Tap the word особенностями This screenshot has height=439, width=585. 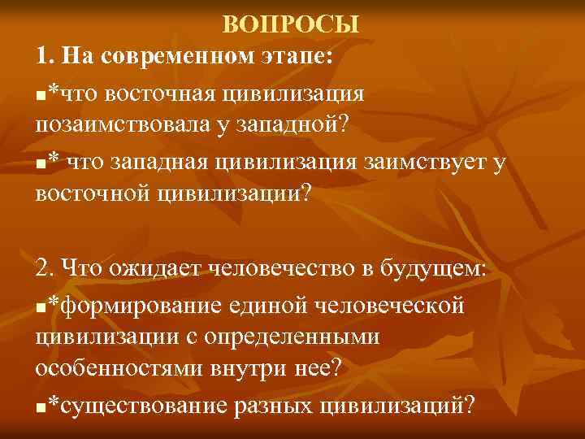[122, 368]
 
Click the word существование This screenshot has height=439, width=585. [143, 404]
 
